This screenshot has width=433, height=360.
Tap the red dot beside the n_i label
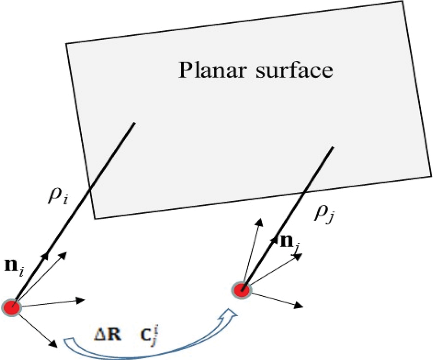point(12,308)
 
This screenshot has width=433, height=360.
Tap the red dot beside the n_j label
point(242,290)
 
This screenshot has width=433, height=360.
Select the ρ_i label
point(58,196)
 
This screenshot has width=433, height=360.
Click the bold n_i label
point(14,267)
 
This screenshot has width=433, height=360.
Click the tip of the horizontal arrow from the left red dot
point(82,300)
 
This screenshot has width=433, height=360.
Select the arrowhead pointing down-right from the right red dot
point(299,306)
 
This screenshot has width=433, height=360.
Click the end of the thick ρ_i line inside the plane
point(135,123)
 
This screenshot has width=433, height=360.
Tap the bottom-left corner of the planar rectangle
point(95,219)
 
